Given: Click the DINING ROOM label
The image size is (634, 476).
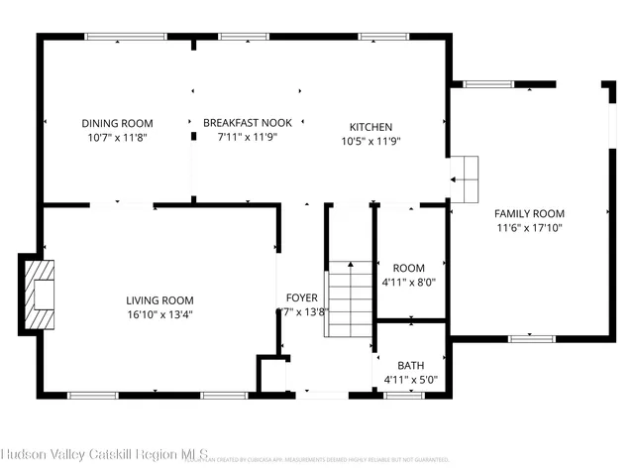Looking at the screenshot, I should click(117, 123).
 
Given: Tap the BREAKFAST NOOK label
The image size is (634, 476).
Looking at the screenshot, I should click(248, 123).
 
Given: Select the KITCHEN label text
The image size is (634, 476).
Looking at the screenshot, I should click(370, 127).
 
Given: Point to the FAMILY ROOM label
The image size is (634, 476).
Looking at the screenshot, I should click(529, 213).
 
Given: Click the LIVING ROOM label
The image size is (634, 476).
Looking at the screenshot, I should click(159, 300).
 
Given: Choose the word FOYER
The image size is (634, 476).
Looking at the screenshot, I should click(302, 297).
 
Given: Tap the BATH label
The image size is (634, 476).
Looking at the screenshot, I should click(410, 365).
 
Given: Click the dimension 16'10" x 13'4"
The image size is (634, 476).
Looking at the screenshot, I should click(159, 315).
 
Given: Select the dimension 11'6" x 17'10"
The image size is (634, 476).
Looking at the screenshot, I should click(529, 228).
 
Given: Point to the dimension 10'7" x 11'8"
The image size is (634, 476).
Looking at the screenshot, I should click(117, 138).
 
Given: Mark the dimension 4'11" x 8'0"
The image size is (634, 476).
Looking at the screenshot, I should click(409, 282).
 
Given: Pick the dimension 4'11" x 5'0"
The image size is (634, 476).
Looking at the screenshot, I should click(410, 380).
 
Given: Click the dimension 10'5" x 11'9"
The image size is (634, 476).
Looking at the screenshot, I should click(370, 141).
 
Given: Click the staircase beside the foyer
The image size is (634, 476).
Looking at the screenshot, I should click(350, 297).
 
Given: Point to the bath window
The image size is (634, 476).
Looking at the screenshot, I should click(403, 396).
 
